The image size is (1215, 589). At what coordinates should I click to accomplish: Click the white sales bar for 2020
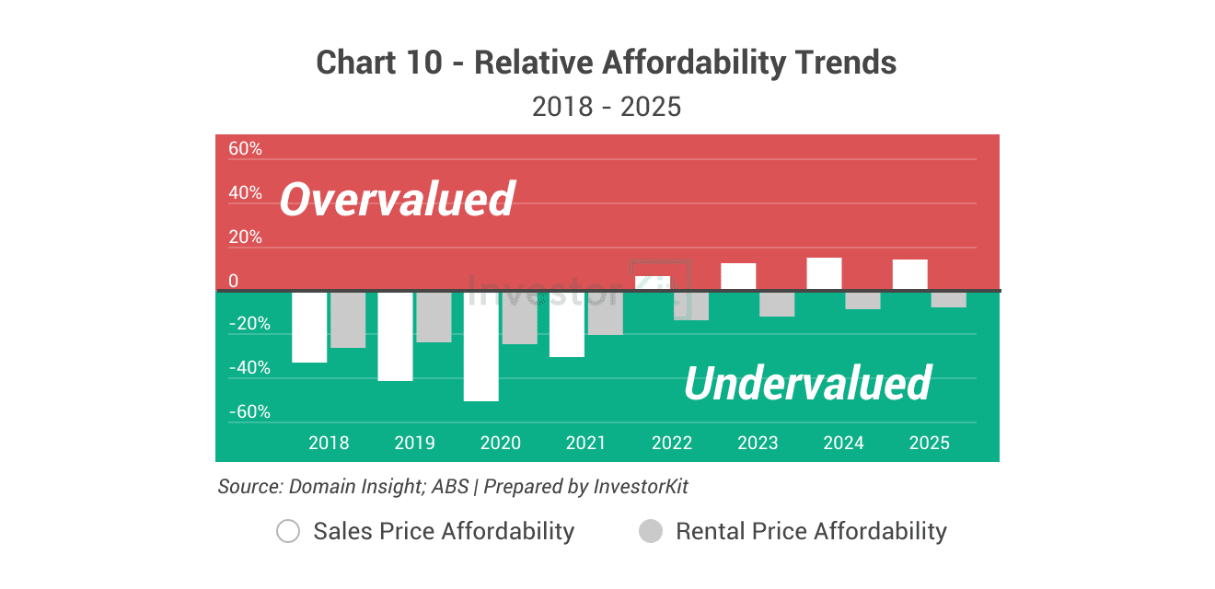(x=480, y=346)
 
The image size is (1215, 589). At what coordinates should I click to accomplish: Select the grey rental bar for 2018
(x=348, y=319)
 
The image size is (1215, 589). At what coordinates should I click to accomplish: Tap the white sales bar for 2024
(x=825, y=274)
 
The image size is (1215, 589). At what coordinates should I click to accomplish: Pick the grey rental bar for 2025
(x=948, y=299)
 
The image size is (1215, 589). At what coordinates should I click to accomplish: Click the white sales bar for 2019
(x=396, y=336)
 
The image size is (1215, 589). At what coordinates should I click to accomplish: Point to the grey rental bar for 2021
(x=605, y=313)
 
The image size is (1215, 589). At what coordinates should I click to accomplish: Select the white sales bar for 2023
(x=738, y=277)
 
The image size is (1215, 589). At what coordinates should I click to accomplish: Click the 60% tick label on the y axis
(x=245, y=149)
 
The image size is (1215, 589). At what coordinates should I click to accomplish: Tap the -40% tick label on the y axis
(x=249, y=368)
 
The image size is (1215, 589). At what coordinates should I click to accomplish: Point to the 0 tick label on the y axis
(x=234, y=282)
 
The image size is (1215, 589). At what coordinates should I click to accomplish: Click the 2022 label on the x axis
(x=672, y=443)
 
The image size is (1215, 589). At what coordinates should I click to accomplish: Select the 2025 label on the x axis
(x=930, y=443)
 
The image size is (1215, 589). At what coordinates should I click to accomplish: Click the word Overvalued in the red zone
(x=397, y=200)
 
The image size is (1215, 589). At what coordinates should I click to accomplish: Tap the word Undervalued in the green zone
(x=807, y=383)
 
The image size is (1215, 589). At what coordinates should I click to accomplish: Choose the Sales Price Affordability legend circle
(x=288, y=531)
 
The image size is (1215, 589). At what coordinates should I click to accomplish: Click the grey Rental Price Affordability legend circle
(x=651, y=531)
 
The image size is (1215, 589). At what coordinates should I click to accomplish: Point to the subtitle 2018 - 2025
(x=607, y=107)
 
